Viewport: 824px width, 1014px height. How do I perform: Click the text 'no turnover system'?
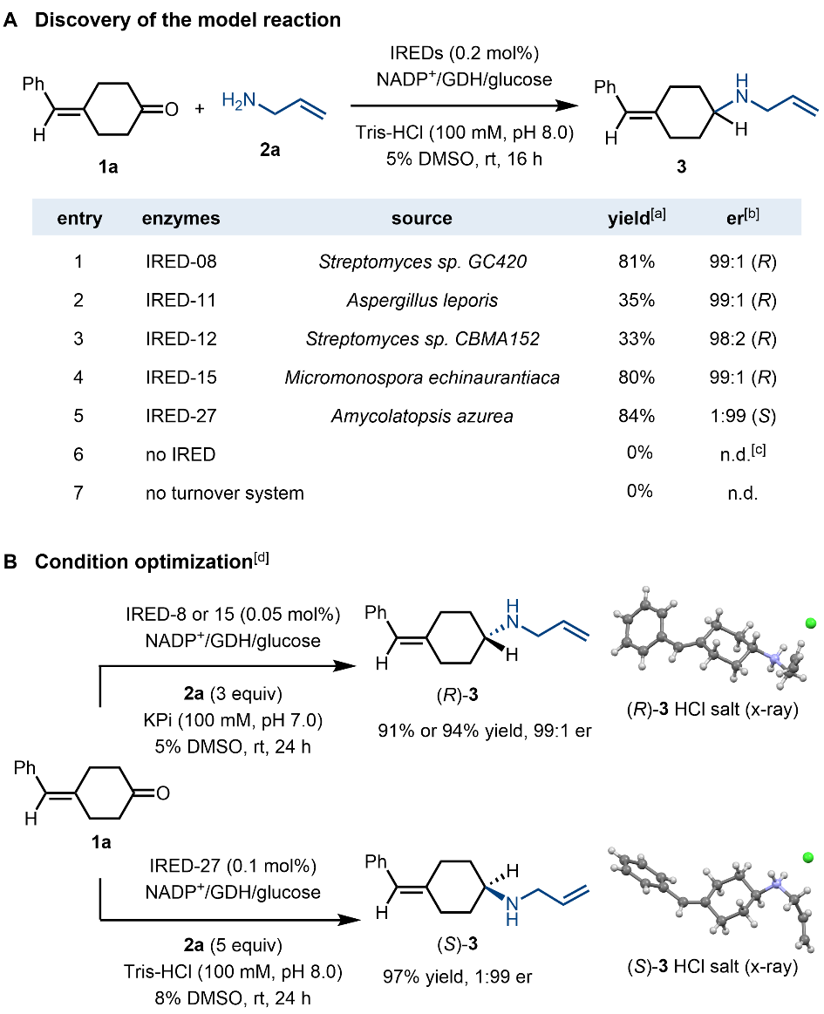click(x=225, y=493)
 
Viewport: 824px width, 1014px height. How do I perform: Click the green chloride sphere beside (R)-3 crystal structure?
click(x=811, y=624)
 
